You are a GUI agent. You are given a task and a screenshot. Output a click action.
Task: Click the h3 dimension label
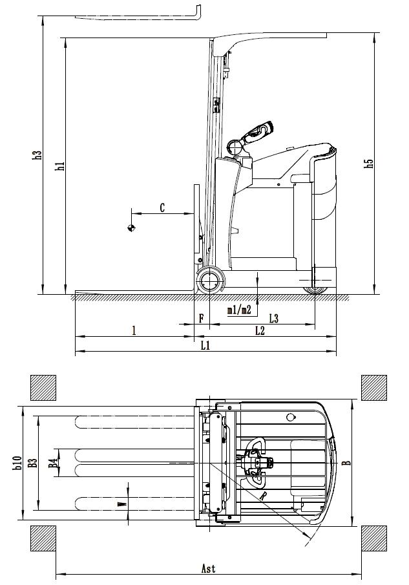pos(38,155)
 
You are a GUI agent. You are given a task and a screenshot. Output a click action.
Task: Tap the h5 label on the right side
pos(369,163)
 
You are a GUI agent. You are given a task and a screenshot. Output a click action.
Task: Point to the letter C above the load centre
pos(162,207)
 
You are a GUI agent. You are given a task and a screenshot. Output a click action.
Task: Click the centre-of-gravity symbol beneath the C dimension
pos(132,228)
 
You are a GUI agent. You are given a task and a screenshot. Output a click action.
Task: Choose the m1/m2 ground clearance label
pos(239,310)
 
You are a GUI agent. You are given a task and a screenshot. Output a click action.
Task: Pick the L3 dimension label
pos(273,318)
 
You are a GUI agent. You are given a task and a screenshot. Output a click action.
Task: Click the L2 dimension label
pos(260,331)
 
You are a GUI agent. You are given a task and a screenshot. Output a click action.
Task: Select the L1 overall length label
pos(205,346)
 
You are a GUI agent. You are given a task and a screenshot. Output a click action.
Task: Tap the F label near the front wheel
pos(201,318)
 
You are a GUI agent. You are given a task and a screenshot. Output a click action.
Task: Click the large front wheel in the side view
pos(210,281)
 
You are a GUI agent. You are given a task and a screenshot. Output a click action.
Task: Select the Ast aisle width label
pos(208,569)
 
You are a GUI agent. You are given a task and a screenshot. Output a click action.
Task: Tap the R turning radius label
pos(265,496)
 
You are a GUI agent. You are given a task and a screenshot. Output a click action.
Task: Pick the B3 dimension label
pos(33,463)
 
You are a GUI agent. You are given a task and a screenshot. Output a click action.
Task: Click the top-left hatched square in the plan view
pos(43,388)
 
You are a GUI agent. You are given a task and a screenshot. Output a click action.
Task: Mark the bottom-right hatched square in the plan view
pos(373,538)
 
